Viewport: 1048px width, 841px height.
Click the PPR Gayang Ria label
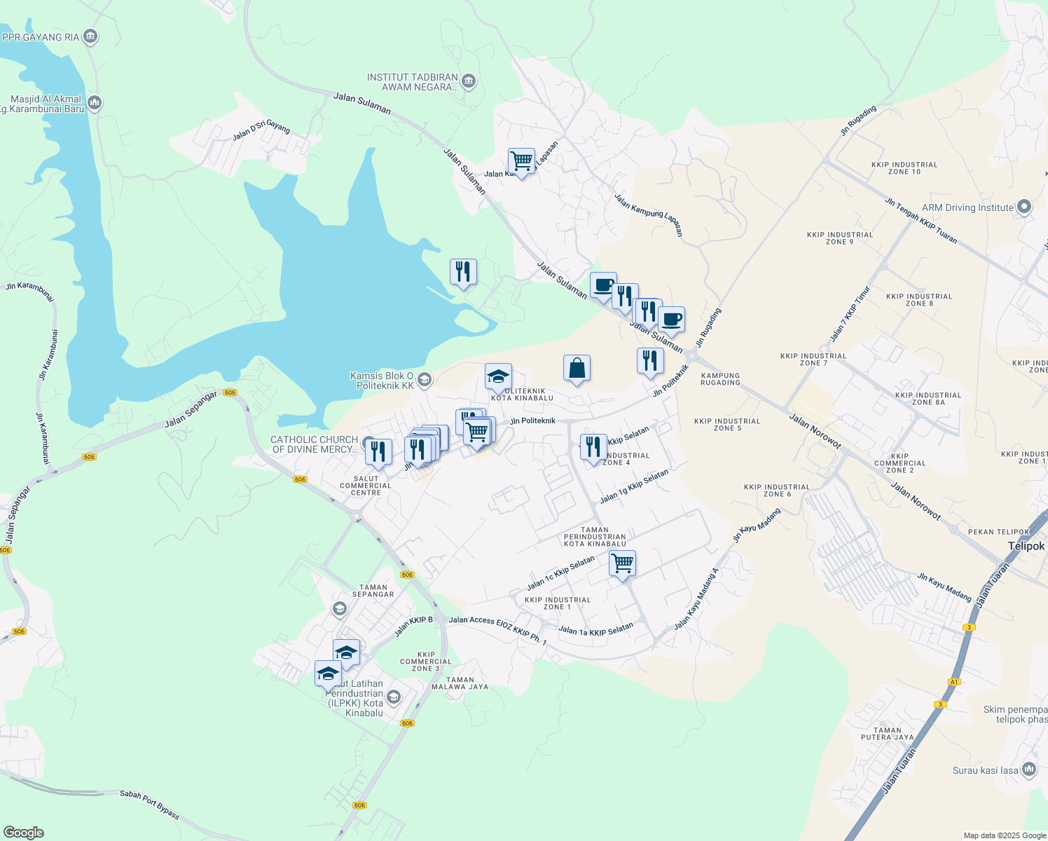(41, 37)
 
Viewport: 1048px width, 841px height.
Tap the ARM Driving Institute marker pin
(1024, 207)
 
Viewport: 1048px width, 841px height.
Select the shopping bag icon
(577, 368)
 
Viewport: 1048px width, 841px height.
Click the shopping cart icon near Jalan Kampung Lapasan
(521, 161)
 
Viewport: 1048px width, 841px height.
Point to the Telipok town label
(1026, 546)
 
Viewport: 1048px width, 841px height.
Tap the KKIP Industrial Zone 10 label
(904, 168)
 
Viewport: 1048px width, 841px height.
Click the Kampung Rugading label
(720, 379)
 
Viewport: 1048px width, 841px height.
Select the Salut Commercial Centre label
(366, 486)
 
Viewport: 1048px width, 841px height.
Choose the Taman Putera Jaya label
(888, 734)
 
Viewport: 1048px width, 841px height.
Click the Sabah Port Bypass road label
(150, 805)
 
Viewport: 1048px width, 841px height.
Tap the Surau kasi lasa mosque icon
(1029, 770)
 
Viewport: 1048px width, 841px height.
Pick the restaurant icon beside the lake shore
(463, 271)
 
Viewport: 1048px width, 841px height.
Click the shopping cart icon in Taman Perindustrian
(622, 563)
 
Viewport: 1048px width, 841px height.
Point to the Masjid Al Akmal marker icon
(95, 104)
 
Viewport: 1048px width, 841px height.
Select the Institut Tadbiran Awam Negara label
(413, 82)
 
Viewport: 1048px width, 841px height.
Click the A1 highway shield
(953, 681)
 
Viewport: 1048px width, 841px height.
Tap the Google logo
(24, 832)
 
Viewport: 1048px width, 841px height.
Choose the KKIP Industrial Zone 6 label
(777, 491)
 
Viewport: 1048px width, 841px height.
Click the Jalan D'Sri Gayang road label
(261, 130)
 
